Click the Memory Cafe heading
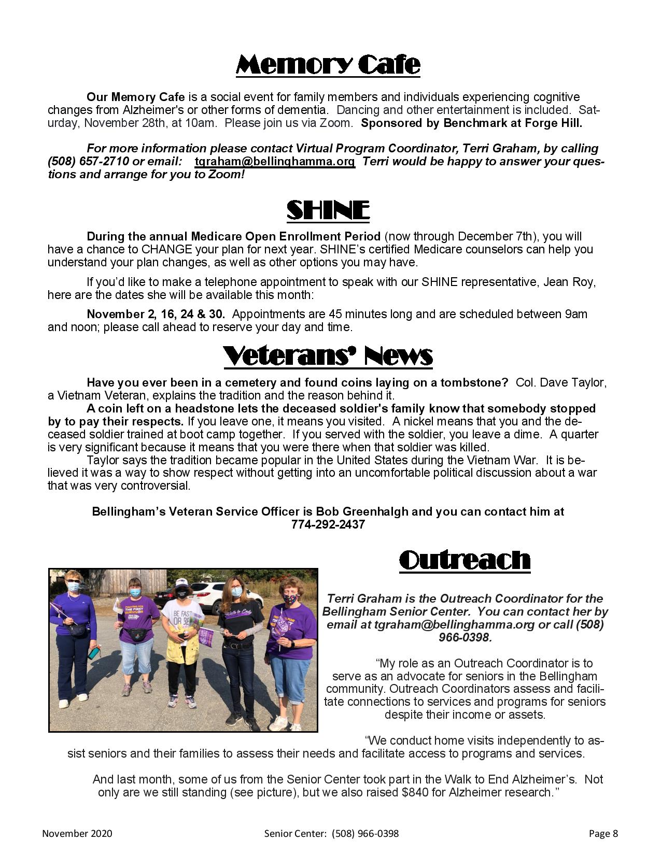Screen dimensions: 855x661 [x=328, y=65]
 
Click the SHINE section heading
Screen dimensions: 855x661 [x=328, y=211]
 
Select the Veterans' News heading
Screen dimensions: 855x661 [x=328, y=356]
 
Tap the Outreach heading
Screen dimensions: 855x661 [x=465, y=560]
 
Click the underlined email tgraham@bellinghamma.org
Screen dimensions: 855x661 [x=275, y=162]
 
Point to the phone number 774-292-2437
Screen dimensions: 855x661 [x=328, y=524]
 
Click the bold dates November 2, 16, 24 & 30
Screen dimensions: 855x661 [x=156, y=314]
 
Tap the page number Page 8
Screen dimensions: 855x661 [x=603, y=834]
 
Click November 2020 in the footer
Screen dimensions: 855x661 [x=77, y=834]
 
